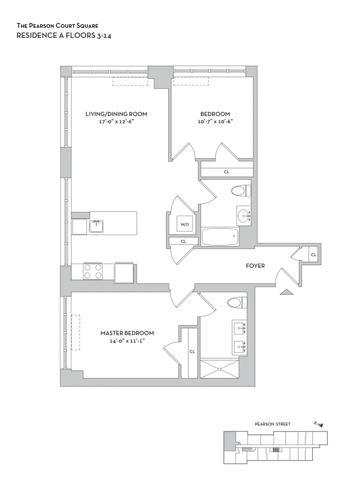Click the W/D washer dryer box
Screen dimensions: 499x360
point(185,225)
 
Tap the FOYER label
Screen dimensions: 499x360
point(255,266)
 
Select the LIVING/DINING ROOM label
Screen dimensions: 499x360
point(116,114)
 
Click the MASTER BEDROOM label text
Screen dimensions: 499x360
point(127,333)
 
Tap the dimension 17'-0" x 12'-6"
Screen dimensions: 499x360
point(116,121)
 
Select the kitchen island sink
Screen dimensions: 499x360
point(96,226)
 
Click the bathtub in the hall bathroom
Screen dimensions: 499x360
point(220,237)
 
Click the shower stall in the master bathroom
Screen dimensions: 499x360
point(219,368)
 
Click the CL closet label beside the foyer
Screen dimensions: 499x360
point(314,254)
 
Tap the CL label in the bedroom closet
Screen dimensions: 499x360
point(226,172)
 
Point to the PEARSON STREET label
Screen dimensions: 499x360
point(272,424)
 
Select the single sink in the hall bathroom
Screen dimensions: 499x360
point(244,216)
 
